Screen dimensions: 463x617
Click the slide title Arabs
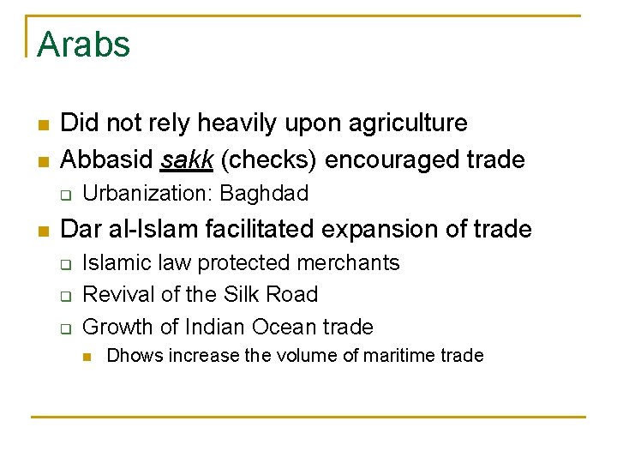click(x=83, y=44)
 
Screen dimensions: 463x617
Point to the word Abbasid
click(x=107, y=159)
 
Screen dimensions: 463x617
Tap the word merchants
click(x=352, y=262)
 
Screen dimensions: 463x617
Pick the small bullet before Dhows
click(x=87, y=356)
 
